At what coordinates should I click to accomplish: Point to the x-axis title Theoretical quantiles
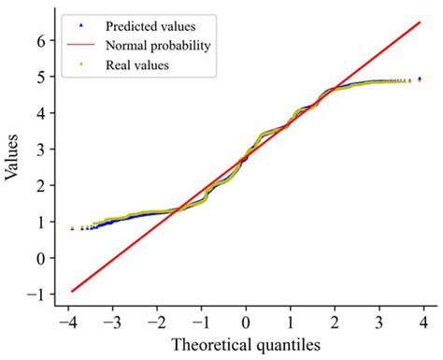point(246,344)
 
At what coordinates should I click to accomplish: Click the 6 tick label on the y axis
point(41,41)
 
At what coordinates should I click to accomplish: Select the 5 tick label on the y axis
point(41,78)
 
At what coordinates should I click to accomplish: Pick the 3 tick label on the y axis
point(41,150)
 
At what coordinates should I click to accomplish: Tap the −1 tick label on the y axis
point(37,294)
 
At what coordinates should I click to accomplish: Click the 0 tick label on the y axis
point(41,258)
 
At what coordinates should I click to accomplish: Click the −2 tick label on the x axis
point(157,321)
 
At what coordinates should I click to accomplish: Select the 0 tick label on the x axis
point(246,321)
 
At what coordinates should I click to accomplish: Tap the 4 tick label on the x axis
point(422,321)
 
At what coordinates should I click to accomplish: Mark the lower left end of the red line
point(72,291)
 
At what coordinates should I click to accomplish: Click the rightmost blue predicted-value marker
point(420,79)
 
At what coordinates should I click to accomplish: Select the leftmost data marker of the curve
point(73,228)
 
